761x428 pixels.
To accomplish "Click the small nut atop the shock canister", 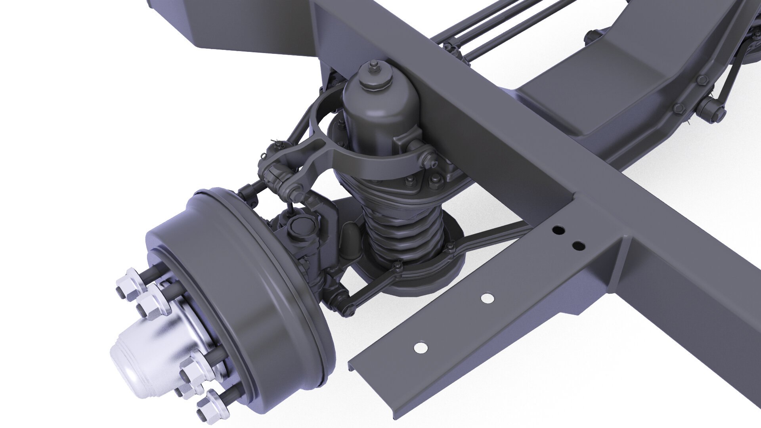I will click(373, 67).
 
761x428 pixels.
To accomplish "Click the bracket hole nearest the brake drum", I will click(421, 348).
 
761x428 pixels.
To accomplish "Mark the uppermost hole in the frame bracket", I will click(558, 229).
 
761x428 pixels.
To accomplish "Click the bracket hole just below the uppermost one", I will click(579, 246).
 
